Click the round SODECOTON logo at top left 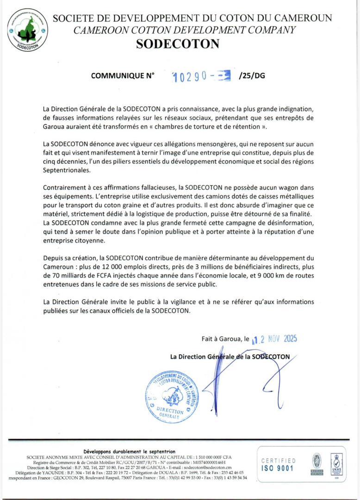(27, 29)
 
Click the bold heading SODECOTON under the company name (178, 44)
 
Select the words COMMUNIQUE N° (123, 75)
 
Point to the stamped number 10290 (189, 76)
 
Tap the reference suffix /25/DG (252, 75)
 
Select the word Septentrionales (67, 170)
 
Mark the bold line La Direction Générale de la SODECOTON (230, 356)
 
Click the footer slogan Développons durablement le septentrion (129, 451)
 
